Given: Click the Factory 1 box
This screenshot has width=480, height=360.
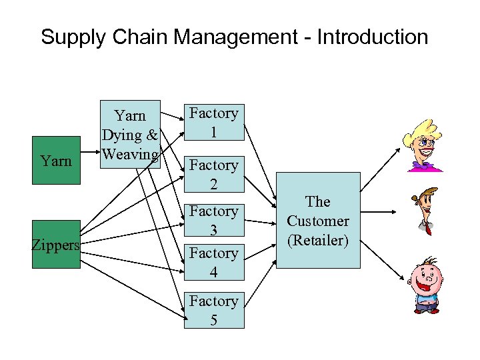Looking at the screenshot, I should (x=213, y=122).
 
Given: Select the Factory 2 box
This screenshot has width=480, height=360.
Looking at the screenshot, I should (x=213, y=174).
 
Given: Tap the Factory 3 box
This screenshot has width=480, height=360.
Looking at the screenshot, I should (x=213, y=220).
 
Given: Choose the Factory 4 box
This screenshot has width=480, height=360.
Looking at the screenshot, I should (x=213, y=263).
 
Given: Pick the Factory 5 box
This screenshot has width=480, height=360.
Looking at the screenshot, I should (x=213, y=311).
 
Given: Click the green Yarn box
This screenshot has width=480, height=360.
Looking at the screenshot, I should (x=56, y=161).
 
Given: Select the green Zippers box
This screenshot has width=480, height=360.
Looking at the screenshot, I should (x=56, y=245).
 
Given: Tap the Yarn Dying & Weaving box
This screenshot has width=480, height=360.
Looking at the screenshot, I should (x=129, y=135).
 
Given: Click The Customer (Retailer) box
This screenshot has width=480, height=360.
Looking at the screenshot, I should (x=318, y=220).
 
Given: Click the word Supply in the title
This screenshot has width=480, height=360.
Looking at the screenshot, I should (x=72, y=37).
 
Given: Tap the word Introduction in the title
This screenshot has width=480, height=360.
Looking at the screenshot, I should (x=372, y=37).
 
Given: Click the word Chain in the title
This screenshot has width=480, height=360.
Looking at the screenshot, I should (x=136, y=37).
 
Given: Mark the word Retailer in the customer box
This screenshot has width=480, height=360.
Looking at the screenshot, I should (x=318, y=240).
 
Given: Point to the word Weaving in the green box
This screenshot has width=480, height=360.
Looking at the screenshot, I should (x=129, y=155).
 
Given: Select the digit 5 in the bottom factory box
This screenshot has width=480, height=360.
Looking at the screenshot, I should (x=213, y=320).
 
